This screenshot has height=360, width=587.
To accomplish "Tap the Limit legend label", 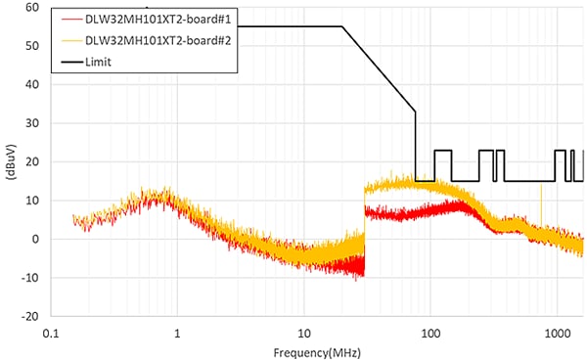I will point(100,61).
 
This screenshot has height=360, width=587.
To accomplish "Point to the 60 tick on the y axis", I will point(31,7).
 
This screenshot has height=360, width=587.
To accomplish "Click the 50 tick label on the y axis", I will point(31,46).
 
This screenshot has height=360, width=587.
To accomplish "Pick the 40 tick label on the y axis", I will point(31,84).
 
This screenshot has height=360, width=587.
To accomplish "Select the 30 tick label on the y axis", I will point(31,123).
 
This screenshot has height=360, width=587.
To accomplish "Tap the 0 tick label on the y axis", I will point(34,239).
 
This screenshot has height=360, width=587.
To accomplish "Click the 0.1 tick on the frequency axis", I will point(51,333).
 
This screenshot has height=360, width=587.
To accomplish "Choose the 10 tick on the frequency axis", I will point(304,333).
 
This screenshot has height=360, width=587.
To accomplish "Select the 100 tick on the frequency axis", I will point(430,333).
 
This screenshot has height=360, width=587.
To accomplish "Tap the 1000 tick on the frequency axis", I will point(557,333).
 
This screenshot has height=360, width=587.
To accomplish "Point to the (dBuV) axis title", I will point(9,161).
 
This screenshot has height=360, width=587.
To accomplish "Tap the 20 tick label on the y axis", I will point(31,161).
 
